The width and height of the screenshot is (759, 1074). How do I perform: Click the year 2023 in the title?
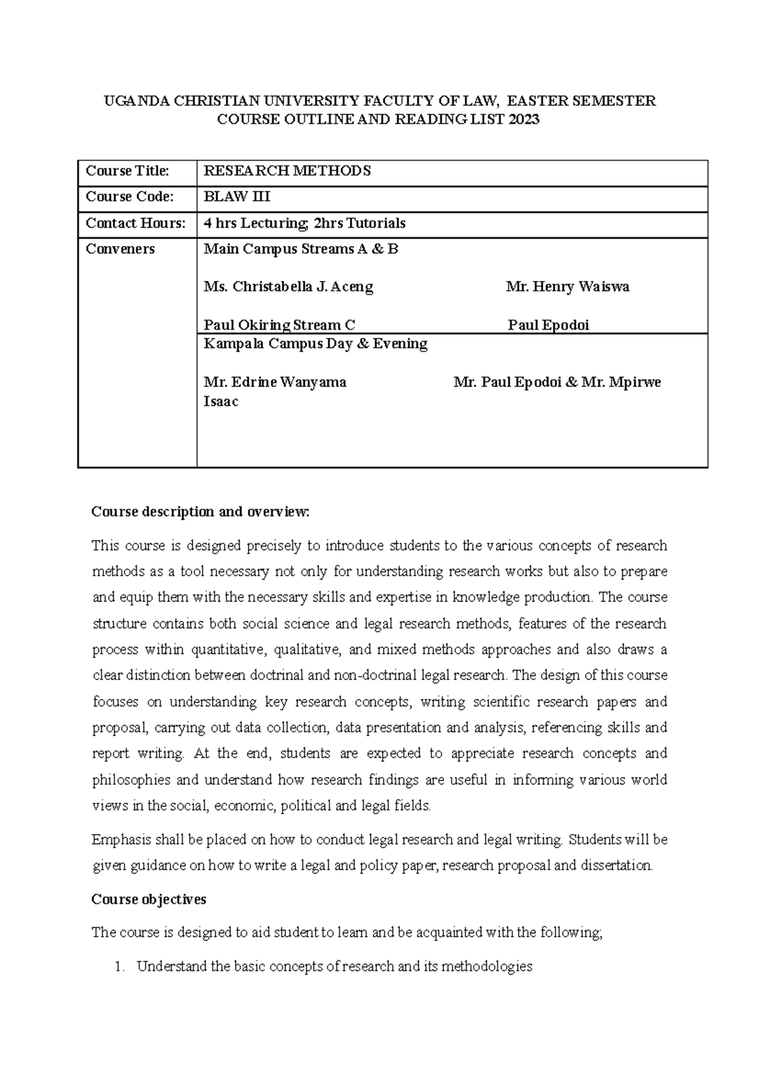[522, 120]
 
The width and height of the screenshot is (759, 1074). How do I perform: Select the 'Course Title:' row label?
[128, 171]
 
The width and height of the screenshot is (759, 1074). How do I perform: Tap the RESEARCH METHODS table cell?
[287, 171]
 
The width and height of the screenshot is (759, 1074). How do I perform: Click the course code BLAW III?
[237, 197]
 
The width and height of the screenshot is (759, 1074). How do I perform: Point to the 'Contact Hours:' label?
[136, 223]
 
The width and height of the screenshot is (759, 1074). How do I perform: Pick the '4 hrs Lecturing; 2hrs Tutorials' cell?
[304, 223]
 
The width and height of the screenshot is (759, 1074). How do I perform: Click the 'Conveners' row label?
[120, 249]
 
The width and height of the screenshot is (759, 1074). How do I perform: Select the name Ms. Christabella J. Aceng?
[288, 287]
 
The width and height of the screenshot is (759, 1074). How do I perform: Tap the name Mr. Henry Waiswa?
[567, 287]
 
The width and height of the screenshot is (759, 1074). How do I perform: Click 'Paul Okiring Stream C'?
[279, 325]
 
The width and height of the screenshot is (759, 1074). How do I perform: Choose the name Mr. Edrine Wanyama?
[275, 383]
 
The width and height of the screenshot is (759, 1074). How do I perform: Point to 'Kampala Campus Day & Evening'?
[315, 344]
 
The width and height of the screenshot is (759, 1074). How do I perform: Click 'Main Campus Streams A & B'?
[301, 249]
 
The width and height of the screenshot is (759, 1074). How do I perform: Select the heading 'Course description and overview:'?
[201, 512]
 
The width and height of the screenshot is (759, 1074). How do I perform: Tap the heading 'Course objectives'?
[149, 899]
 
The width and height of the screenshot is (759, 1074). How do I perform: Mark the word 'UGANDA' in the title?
[128, 101]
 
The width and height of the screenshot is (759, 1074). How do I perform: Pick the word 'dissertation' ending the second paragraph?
[618, 866]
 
